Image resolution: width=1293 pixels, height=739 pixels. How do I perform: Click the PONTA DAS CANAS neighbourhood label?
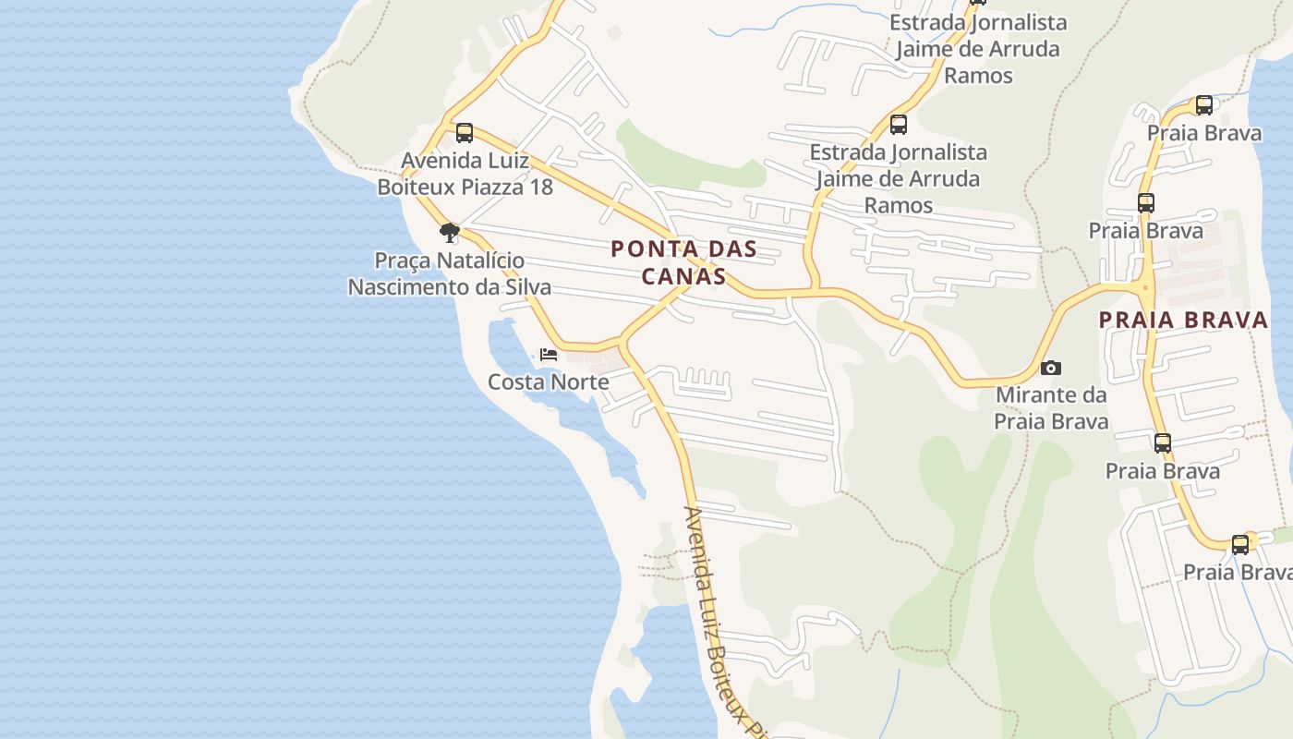pyautogui.click(x=683, y=262)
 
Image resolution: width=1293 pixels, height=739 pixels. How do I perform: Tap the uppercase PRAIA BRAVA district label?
pyautogui.click(x=1183, y=321)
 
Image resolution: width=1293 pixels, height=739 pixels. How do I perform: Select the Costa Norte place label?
pyautogui.click(x=549, y=382)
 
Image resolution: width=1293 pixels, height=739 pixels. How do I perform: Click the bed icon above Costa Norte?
pyautogui.click(x=549, y=355)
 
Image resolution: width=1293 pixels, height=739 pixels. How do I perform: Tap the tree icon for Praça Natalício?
pyautogui.click(x=450, y=233)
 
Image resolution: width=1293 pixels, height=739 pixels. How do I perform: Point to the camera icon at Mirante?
pyautogui.click(x=1050, y=369)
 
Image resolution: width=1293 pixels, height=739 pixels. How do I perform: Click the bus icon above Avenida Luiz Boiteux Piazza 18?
pyautogui.click(x=465, y=133)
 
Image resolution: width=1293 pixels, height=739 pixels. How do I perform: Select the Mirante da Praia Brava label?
pyautogui.click(x=1051, y=408)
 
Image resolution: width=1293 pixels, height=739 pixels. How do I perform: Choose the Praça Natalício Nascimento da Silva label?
pyautogui.click(x=450, y=274)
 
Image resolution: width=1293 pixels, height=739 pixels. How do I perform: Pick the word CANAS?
pyautogui.click(x=683, y=276)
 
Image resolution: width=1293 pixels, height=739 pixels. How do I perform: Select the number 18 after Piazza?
pyautogui.click(x=540, y=188)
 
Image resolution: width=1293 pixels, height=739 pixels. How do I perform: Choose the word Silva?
pyautogui.click(x=528, y=287)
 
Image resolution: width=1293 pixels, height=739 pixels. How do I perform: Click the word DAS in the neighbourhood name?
pyautogui.click(x=707, y=249)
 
